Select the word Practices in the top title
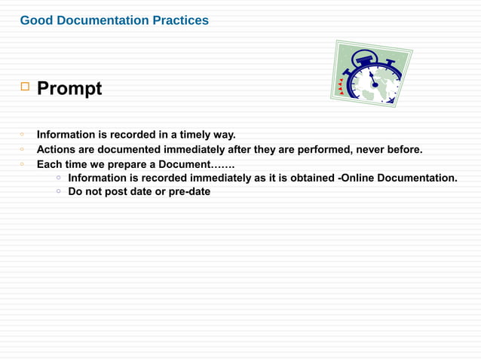pyautogui.click(x=181, y=20)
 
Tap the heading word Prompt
pyautogui.click(x=69, y=89)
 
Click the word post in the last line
pyautogui.click(x=120, y=191)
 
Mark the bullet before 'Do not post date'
pyautogui.click(x=58, y=191)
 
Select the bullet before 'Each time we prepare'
pyautogui.click(x=23, y=163)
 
